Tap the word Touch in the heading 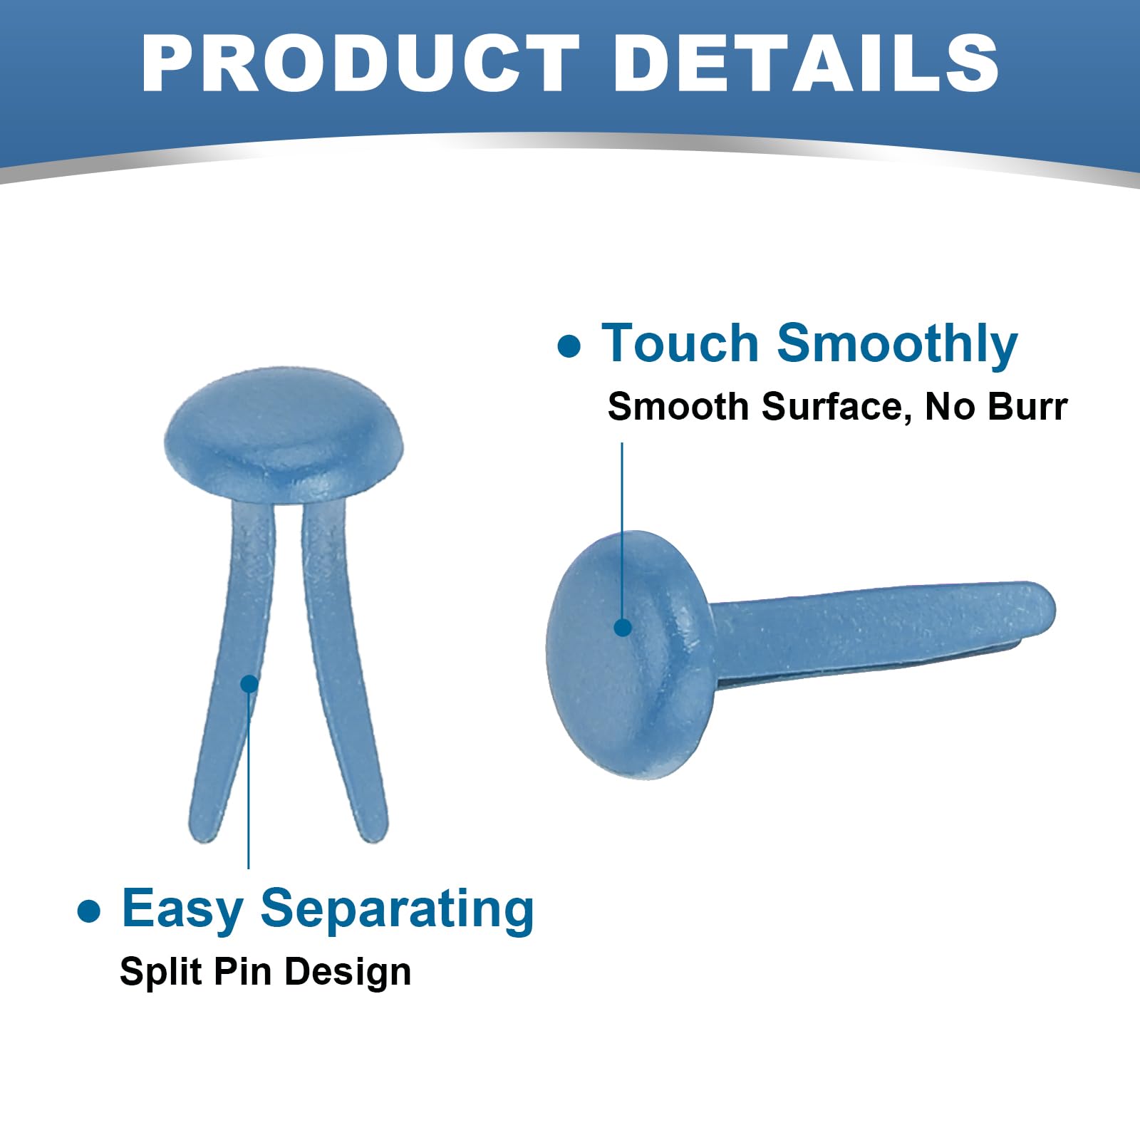pos(680,343)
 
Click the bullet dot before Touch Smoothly pos(569,346)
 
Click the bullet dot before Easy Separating pos(89,911)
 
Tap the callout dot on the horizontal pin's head pos(623,627)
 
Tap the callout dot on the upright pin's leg pos(249,684)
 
